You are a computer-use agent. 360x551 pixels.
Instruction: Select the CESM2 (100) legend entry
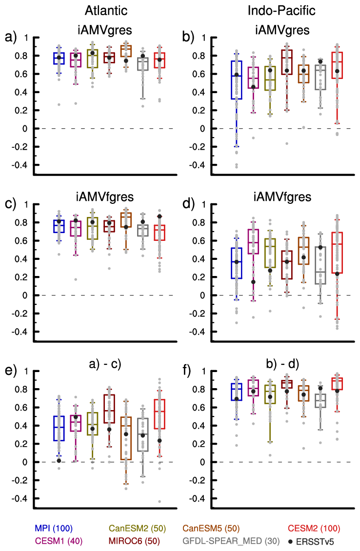pos(313,528)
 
